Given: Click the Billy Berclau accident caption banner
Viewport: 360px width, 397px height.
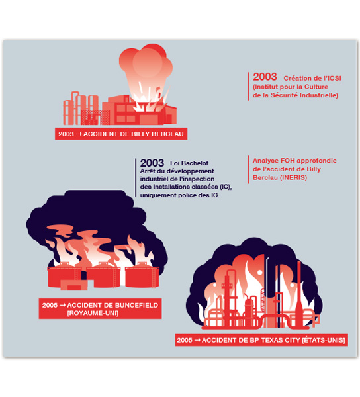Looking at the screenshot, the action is click(121, 134).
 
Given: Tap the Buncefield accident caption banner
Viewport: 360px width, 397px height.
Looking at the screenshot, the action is click(100, 308).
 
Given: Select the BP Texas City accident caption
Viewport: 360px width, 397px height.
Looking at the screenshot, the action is click(261, 340).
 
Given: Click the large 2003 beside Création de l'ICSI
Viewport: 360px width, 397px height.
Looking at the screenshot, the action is click(265, 77).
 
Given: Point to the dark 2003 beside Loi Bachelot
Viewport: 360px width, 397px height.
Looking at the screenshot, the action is click(152, 163).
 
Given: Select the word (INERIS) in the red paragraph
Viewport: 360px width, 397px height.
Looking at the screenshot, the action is click(293, 177).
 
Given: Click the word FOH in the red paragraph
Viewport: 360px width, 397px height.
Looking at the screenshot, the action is click(287, 161).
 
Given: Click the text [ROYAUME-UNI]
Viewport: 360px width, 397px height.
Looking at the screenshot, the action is click(93, 313).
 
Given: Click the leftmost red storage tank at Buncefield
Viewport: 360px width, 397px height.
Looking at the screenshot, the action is click(64, 276).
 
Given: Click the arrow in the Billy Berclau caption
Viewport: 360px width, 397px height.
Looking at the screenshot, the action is click(79, 134).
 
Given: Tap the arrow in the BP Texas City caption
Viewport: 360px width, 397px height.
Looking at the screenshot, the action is click(197, 340).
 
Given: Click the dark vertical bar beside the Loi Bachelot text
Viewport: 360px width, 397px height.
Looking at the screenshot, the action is click(136, 178).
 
